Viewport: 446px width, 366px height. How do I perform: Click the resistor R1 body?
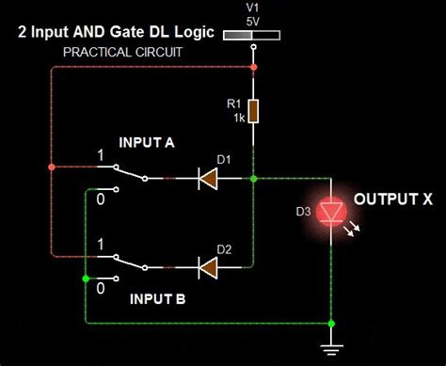point(253,111)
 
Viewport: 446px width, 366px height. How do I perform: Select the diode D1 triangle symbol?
point(208,179)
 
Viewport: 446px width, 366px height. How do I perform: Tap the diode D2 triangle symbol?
point(208,267)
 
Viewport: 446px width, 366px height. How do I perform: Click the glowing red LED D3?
point(331,213)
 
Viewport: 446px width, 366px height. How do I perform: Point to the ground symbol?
point(331,349)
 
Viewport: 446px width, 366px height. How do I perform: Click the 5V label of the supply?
point(253,22)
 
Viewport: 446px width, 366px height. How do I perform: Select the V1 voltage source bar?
point(251,35)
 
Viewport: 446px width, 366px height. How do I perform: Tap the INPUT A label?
point(147,143)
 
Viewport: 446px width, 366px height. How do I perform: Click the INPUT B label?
point(157,299)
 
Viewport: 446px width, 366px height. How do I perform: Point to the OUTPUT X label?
point(393,199)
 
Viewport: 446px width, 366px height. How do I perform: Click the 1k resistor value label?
point(239,119)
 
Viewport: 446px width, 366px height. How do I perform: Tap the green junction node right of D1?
point(254,179)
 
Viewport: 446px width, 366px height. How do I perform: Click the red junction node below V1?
point(254,67)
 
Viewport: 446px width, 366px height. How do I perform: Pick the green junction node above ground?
point(331,324)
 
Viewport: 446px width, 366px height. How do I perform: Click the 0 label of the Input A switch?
point(101,199)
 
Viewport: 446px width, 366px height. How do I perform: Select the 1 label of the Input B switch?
point(101,245)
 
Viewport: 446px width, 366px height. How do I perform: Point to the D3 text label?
point(303,212)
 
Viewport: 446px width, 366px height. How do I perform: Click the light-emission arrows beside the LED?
point(352,229)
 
